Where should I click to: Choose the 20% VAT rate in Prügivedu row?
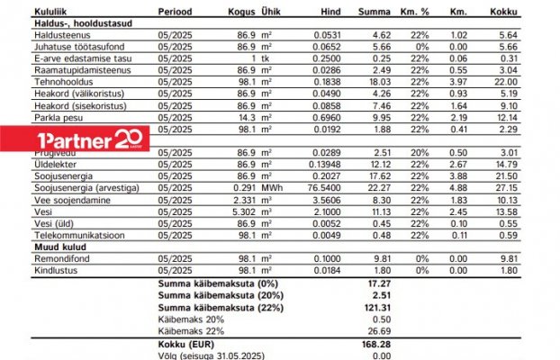point(420,153)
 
